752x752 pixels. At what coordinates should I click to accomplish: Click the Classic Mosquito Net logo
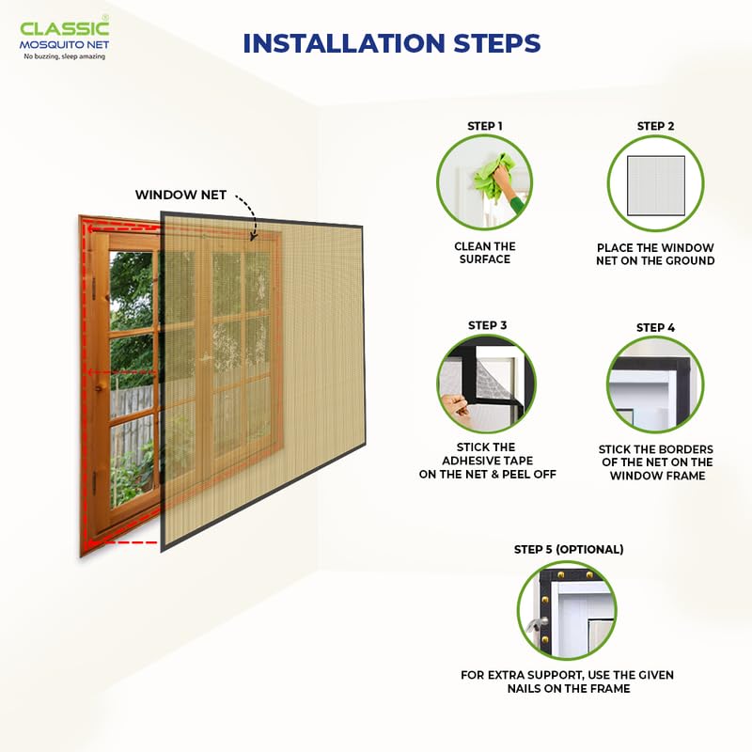point(64,36)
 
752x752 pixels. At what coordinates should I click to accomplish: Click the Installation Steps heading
point(391,43)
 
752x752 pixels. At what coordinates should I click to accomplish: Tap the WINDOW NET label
point(180,195)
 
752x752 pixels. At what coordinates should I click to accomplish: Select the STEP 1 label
point(485,126)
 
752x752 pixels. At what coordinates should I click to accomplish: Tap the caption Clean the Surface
point(485,253)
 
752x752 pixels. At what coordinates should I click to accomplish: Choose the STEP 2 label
point(655,126)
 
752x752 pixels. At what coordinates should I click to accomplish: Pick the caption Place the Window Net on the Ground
point(655,254)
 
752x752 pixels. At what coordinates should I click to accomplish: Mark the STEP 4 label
point(655,327)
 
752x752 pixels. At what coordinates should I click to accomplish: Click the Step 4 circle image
point(655,384)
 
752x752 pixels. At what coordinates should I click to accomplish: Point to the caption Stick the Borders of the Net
point(655,462)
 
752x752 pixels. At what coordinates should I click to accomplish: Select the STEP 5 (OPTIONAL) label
point(568,549)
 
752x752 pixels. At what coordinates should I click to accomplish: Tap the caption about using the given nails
point(567,681)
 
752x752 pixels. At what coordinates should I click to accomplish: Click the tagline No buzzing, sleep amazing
point(64,56)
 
